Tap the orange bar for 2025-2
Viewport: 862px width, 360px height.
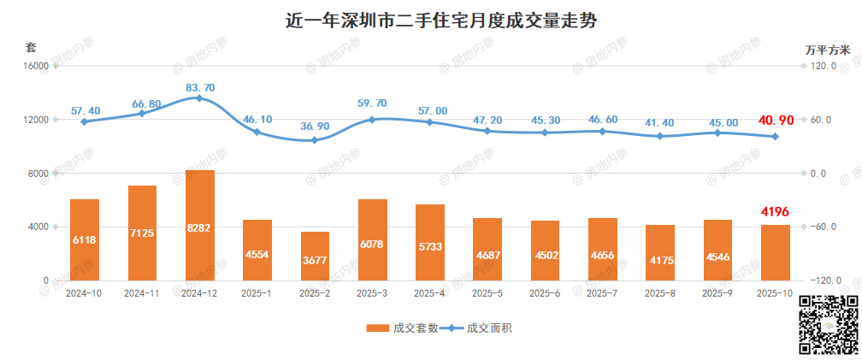[x=315, y=256]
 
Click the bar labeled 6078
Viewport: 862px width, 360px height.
[x=373, y=239]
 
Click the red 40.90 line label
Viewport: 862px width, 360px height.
[x=777, y=121]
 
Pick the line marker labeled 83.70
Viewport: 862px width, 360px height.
[x=199, y=98]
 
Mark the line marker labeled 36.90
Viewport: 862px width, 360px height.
[x=315, y=140]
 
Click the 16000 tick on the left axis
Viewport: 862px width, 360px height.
[x=32, y=66]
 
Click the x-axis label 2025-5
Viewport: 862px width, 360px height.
[x=488, y=293]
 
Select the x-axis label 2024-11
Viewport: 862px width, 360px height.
[x=142, y=293]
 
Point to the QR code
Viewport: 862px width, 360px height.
[x=828, y=325]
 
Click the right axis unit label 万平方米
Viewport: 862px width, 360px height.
[x=827, y=50]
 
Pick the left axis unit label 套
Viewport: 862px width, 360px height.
[x=31, y=46]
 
